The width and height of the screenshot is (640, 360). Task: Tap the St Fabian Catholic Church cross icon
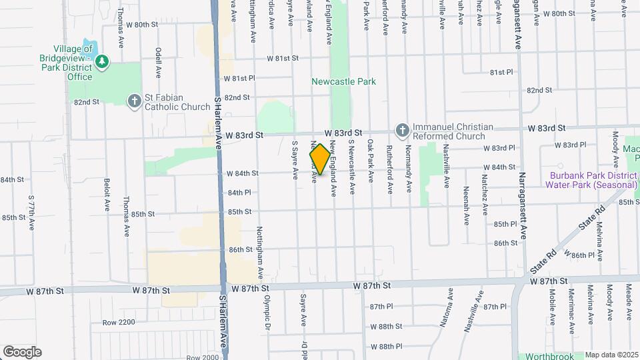tap(134, 100)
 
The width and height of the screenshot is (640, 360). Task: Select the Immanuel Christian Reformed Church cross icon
tap(402, 129)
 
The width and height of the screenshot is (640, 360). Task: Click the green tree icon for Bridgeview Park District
tap(101, 63)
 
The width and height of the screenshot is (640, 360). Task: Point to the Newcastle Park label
tap(343, 81)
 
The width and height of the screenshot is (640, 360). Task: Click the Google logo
tap(22, 352)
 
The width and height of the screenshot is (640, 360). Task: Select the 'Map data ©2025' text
tap(611, 355)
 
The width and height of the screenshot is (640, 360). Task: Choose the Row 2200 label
tap(119, 323)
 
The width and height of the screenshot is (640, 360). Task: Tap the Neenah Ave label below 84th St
tap(465, 198)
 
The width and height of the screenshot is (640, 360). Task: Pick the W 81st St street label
tap(283, 59)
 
